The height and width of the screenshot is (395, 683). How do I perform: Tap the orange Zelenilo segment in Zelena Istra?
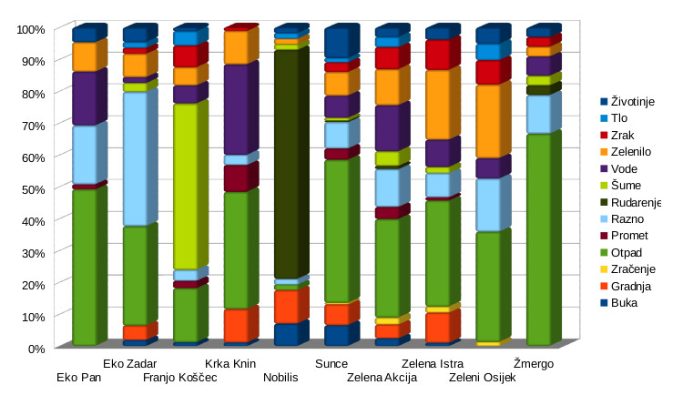pyautogui.click(x=437, y=105)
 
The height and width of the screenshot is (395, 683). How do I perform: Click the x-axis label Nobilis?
pyautogui.click(x=280, y=378)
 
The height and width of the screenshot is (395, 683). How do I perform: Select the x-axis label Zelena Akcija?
pyautogui.click(x=382, y=378)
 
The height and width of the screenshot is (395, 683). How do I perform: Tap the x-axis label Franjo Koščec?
pyautogui.click(x=180, y=378)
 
